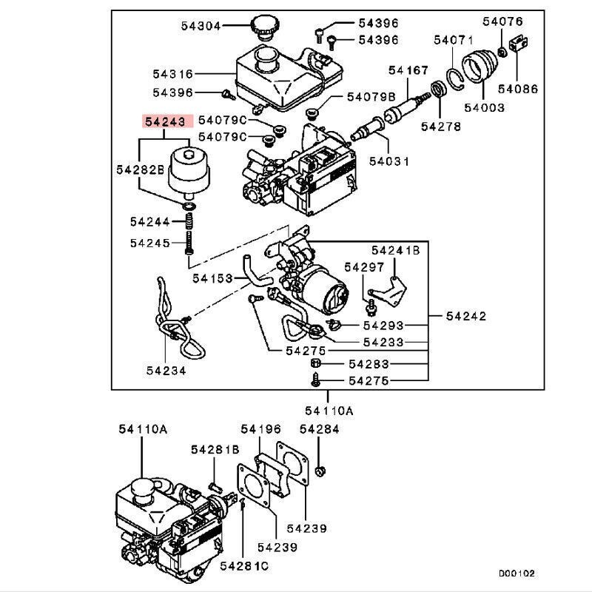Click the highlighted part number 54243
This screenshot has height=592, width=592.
(168, 121)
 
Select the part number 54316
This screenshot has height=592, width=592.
(173, 74)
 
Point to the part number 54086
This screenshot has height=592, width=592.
(518, 90)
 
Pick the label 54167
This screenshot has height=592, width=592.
(408, 70)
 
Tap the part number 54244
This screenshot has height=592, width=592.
(149, 221)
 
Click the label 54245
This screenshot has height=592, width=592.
(149, 243)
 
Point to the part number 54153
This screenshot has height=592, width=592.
(212, 278)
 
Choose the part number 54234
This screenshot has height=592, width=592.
(166, 370)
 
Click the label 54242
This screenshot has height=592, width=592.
(466, 316)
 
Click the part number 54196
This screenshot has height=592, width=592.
(260, 429)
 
